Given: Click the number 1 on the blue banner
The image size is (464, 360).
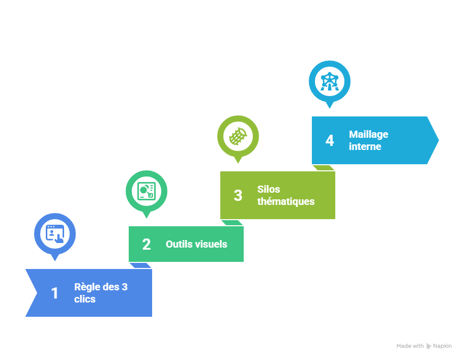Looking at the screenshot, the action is click(x=54, y=293).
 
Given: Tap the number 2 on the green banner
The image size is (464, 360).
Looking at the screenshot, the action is click(x=147, y=245).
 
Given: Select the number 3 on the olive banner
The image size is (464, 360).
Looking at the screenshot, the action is click(x=238, y=196).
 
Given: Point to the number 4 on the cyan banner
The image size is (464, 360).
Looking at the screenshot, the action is click(x=330, y=140).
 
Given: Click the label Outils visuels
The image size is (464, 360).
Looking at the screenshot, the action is click(x=196, y=245).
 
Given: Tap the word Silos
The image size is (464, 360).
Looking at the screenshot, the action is click(x=269, y=189).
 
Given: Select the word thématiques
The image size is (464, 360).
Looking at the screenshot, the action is click(x=286, y=202).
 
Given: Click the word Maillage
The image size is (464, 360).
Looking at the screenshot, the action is click(x=368, y=135).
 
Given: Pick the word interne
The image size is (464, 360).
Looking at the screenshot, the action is click(x=365, y=147).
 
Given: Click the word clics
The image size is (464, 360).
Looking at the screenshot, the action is click(x=85, y=299).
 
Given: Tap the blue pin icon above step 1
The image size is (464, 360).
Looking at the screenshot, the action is click(x=55, y=236).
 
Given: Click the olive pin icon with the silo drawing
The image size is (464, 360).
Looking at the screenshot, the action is click(x=238, y=139).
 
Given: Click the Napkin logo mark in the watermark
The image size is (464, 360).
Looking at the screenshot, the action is click(x=428, y=346).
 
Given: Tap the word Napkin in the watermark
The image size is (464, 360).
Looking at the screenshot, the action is click(x=443, y=346).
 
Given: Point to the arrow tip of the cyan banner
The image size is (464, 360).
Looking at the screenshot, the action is click(x=438, y=140).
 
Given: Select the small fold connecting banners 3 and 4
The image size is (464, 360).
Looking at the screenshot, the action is click(x=324, y=168).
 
